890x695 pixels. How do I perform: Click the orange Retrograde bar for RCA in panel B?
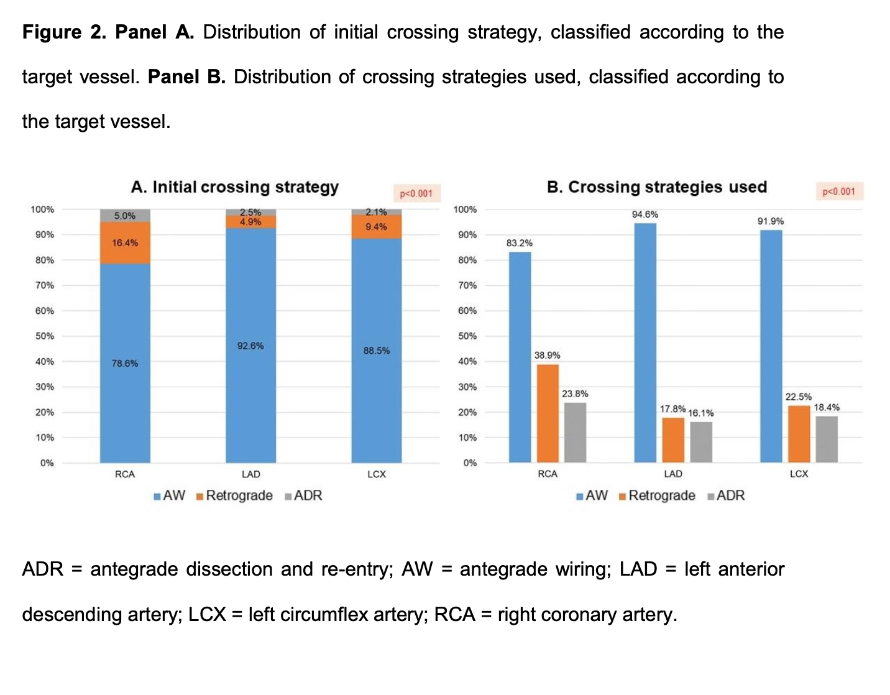pyautogui.click(x=548, y=413)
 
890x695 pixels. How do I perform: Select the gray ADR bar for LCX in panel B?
pyautogui.click(x=827, y=439)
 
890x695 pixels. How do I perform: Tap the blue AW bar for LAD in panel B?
pyautogui.click(x=645, y=343)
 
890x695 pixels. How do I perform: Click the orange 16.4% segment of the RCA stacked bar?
pyautogui.click(x=125, y=243)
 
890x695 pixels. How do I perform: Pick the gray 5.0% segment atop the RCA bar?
pyautogui.click(x=125, y=216)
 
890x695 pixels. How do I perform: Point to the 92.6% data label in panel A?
pyautogui.click(x=250, y=346)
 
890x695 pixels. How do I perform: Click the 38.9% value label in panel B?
pyautogui.click(x=547, y=356)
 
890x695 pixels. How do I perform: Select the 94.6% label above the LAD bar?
pyautogui.click(x=645, y=214)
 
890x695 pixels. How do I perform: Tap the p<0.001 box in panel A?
pyautogui.click(x=416, y=193)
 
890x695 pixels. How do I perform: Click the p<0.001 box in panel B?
pyautogui.click(x=839, y=191)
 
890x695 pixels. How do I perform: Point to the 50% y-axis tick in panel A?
pyautogui.click(x=45, y=336)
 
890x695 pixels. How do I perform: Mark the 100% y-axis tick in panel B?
pyautogui.click(x=466, y=209)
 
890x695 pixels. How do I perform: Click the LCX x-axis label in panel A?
pyautogui.click(x=377, y=474)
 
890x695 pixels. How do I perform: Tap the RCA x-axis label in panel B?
pyautogui.click(x=548, y=474)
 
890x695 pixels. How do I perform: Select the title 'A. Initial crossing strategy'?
pyautogui.click(x=235, y=187)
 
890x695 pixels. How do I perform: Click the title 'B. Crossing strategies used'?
pyautogui.click(x=657, y=187)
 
